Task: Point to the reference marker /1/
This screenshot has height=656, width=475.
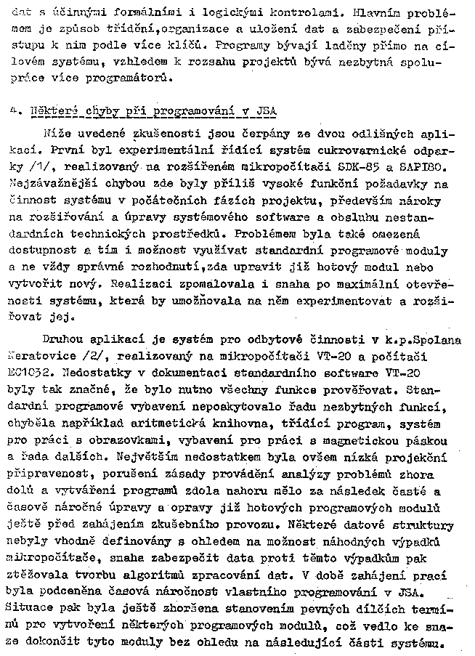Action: pyautogui.click(x=34, y=169)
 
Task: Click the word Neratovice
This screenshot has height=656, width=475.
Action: pyautogui.click(x=49, y=357)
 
